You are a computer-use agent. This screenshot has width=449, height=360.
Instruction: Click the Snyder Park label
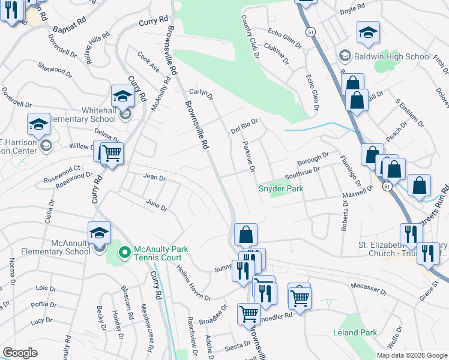(280, 188)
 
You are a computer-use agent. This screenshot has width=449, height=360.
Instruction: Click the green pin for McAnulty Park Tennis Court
(124, 253)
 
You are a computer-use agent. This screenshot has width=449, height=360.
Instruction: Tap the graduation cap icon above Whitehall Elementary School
(122, 95)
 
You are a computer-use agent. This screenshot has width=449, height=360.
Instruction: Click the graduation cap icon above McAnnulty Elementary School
(99, 233)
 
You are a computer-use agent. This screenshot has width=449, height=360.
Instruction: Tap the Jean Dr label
(154, 176)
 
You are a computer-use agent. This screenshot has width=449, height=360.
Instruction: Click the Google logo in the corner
(20, 353)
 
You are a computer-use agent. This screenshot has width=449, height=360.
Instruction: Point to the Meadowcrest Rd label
(145, 320)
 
